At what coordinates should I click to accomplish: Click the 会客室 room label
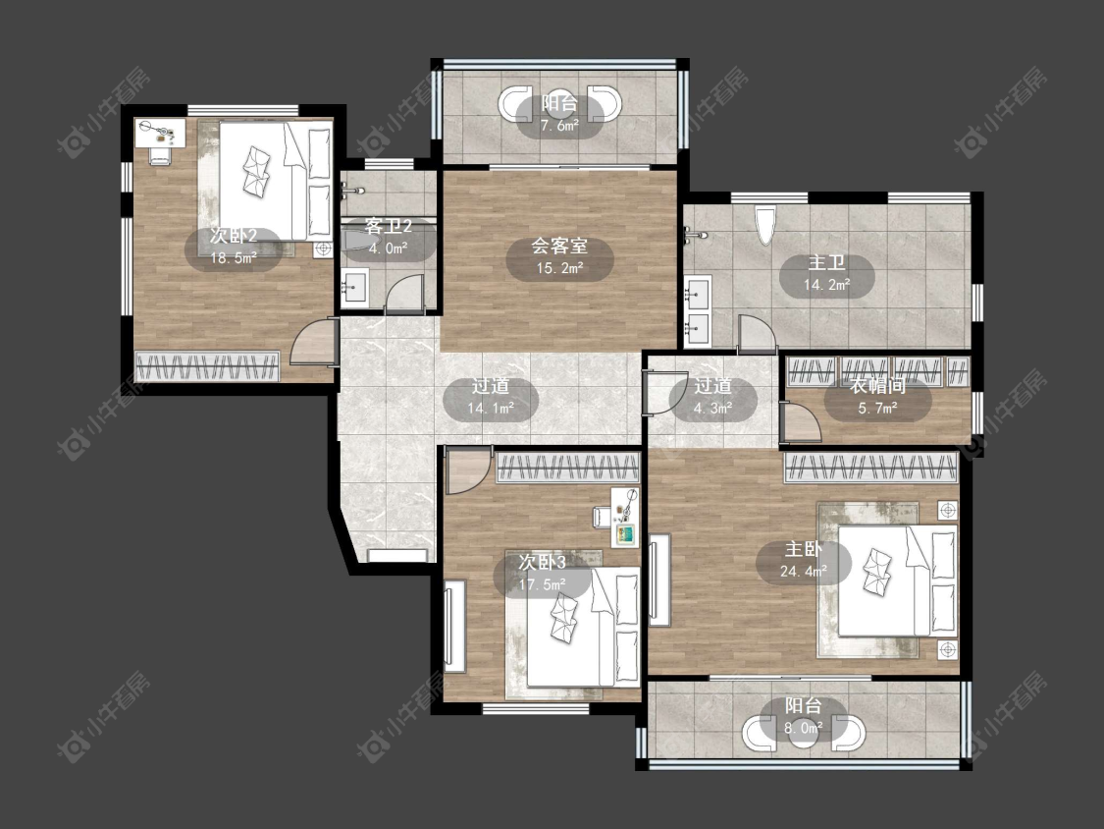coord(559,246)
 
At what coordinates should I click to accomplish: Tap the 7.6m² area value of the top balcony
coord(559,126)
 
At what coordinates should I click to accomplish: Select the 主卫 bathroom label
coord(826,263)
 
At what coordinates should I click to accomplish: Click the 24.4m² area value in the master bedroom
coord(804,571)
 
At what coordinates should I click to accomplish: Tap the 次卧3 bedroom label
coord(542,563)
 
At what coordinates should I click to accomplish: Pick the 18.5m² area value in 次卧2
coord(233,257)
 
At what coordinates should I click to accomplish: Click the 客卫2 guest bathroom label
coord(388,227)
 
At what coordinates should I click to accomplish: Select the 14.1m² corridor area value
coord(490,408)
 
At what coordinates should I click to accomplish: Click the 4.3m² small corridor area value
coord(712,407)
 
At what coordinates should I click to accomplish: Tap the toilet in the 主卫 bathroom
coord(764,224)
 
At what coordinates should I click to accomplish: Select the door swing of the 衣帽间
coord(801,421)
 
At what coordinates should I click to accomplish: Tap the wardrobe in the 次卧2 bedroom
coord(208,365)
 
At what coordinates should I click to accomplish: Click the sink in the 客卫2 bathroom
coord(353,289)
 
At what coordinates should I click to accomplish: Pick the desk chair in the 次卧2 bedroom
coord(159,154)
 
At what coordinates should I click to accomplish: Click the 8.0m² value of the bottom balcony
coord(804,728)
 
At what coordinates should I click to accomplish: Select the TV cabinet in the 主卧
coord(659,580)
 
